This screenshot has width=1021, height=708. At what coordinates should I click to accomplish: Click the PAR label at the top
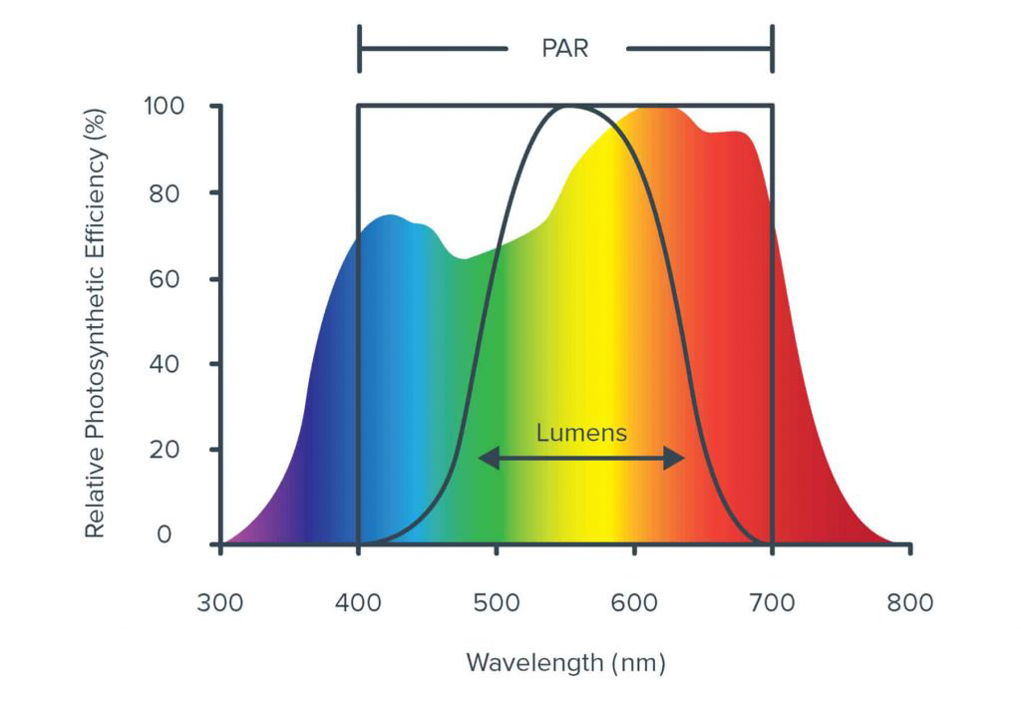565,48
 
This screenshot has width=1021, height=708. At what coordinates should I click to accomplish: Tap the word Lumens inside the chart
581,433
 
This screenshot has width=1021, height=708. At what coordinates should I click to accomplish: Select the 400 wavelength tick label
358,603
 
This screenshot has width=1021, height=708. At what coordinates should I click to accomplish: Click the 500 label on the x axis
497,603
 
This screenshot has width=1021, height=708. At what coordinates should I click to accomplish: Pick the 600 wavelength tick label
634,603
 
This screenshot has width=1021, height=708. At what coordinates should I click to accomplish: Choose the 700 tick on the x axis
772,603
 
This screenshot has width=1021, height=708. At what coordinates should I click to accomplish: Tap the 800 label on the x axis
909,603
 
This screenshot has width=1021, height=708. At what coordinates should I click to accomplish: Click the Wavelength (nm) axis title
565,662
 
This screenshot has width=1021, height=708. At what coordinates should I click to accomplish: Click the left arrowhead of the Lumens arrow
484,459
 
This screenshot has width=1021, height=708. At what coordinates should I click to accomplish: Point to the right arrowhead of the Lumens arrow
679,459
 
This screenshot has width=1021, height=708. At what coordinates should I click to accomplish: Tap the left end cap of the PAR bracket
359,49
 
